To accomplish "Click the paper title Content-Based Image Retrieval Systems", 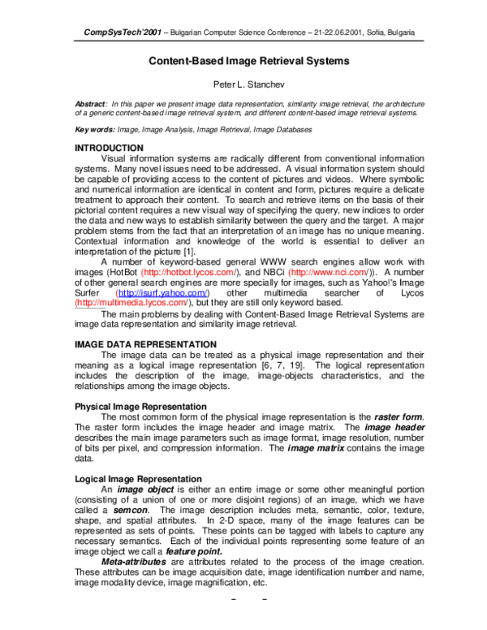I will click(248, 61).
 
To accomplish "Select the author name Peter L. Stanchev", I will click(248, 84).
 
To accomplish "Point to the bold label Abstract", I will click(91, 104).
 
